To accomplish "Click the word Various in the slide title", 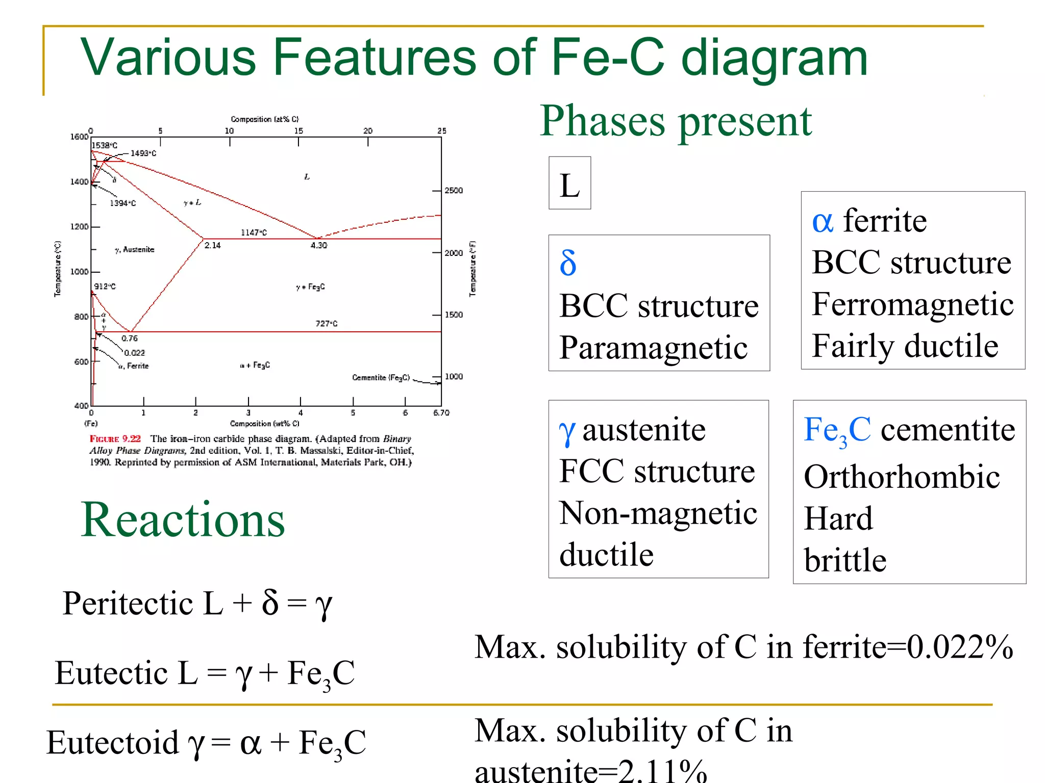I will pos(168,57).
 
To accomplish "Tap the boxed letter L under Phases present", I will pos(569,185).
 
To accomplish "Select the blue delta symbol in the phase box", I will pos(568,263).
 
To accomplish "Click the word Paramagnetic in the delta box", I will pos(653,348).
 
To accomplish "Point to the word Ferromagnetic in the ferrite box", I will pos(912,305).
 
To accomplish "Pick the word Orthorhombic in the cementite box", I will pos(902,477).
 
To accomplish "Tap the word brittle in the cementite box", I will pos(845,560).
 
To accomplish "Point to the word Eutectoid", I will pos(112,743).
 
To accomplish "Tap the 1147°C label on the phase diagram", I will pos(254,232).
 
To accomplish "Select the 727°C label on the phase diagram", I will pos(326,323).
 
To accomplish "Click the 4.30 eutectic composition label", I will pos(319,245).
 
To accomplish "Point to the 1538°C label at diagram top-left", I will pos(105,145).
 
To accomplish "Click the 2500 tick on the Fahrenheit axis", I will pos(454,191).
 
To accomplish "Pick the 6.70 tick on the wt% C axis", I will pos(441,412).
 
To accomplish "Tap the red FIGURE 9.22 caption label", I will pos(115,438).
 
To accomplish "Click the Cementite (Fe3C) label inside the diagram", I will pos(381,377).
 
